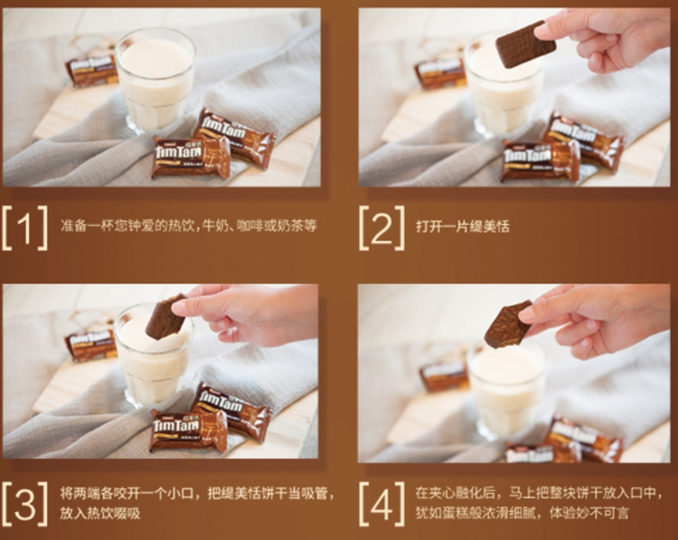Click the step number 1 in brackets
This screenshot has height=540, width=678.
click(24, 228)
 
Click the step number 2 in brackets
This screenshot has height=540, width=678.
click(381, 228)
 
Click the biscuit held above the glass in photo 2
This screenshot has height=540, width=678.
click(525, 44)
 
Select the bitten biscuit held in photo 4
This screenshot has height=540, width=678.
click(508, 324)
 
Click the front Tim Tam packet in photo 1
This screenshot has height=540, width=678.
click(190, 157)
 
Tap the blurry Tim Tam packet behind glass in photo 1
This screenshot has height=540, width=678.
click(91, 70)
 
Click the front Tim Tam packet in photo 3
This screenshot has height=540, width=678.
click(190, 431)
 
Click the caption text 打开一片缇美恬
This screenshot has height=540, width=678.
click(463, 227)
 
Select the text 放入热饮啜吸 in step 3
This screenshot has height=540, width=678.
click(99, 513)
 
